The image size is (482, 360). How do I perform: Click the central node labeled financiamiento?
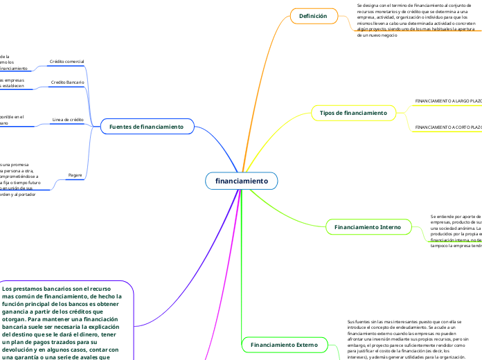(241, 181)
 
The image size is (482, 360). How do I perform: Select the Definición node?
(312, 16)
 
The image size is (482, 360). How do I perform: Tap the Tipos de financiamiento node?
(354, 112)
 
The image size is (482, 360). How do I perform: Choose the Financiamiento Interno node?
(367, 227)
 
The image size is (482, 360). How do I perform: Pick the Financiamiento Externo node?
(284, 344)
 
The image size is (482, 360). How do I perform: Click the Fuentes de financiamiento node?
(146, 127)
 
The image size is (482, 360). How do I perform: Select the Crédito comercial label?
(66, 62)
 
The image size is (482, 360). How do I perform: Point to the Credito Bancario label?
(68, 82)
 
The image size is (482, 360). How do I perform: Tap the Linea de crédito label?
(68, 120)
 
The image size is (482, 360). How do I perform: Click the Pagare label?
(75, 175)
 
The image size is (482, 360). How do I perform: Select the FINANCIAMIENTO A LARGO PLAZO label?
(447, 101)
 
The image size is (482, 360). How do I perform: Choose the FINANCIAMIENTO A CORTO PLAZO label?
(447, 127)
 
